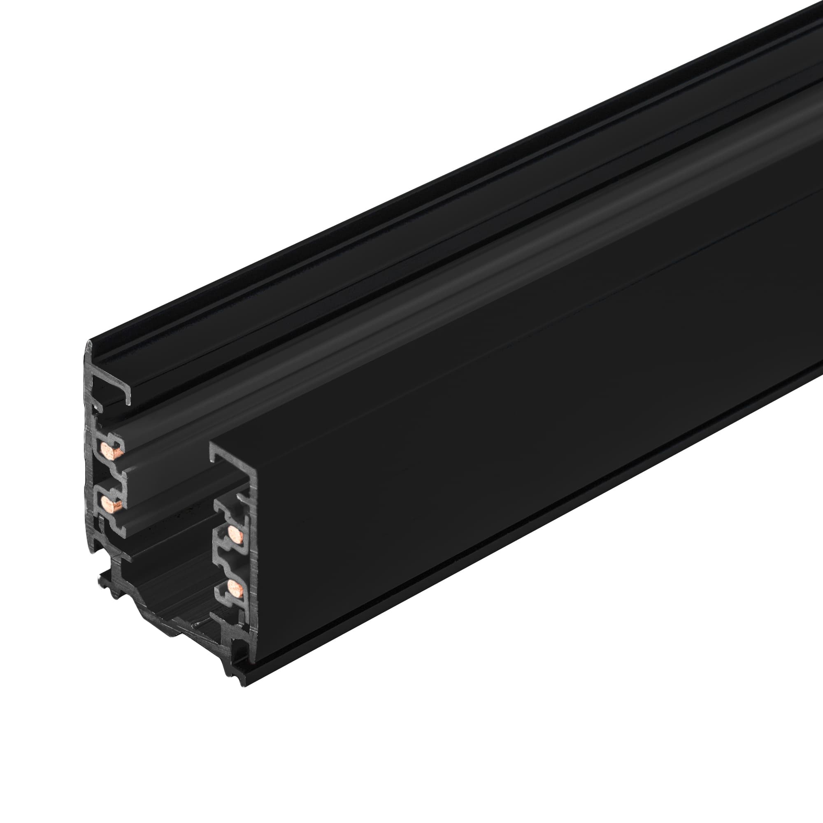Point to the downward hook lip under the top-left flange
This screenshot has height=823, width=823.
click(128, 398)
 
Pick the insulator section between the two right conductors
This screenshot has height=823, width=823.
click(230, 560)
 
